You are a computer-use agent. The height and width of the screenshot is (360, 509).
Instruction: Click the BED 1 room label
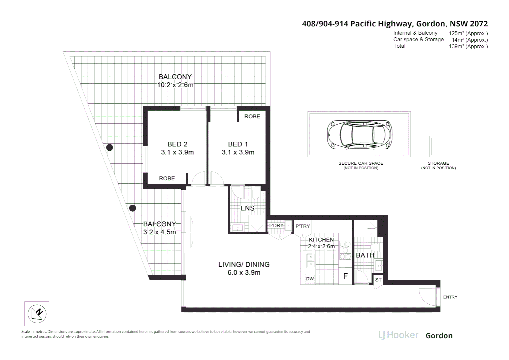238,144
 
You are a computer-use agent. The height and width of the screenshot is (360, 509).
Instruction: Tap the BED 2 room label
177,144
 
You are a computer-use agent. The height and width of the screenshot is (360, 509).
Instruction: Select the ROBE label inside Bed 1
252,116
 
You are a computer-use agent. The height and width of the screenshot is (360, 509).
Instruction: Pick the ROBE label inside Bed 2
167,178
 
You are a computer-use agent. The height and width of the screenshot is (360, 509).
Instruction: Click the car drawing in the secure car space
359,134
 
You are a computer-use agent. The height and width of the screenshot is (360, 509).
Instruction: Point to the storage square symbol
438,147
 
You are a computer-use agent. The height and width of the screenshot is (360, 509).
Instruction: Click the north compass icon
37,314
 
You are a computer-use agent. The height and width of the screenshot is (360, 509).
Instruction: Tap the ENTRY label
450,297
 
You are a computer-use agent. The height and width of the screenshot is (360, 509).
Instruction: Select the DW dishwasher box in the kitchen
310,279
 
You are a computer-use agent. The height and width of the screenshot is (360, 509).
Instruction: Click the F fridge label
345,276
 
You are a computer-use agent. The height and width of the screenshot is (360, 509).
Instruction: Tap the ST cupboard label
378,280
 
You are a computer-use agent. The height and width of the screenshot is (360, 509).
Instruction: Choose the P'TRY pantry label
302,226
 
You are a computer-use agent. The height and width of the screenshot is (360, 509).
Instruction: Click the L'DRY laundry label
276,226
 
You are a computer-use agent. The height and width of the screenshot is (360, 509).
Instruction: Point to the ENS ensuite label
247,208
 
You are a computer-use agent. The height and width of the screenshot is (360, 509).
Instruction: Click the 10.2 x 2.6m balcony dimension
175,85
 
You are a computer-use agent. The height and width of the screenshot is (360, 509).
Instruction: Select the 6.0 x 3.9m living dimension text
244,273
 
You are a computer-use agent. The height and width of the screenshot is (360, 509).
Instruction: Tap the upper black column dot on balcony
109,147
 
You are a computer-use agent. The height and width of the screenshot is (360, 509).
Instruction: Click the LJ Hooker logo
398,335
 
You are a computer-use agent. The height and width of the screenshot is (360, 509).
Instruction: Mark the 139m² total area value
468,46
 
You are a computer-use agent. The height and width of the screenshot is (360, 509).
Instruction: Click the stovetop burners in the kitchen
345,250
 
